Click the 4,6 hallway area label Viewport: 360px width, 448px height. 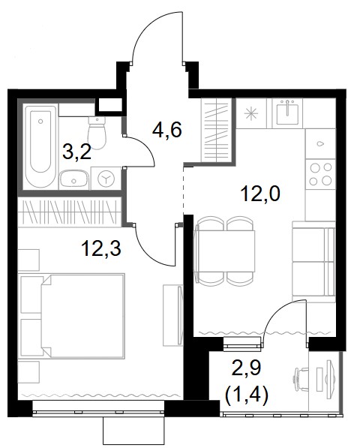(x=167, y=131)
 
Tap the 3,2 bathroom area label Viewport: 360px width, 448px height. (x=76, y=152)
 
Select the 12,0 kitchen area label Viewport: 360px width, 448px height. (x=261, y=194)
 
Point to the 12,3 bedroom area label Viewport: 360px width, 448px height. (x=101, y=248)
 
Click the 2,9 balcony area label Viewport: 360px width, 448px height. (x=247, y=368)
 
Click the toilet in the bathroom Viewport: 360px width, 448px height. (x=97, y=133)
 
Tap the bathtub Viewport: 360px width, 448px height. (x=40, y=147)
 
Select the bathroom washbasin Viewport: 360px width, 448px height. (x=74, y=180)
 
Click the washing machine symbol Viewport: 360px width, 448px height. (x=106, y=179)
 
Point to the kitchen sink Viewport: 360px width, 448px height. (x=287, y=113)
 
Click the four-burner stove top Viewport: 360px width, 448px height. (x=321, y=173)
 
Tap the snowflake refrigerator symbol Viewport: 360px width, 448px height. (x=251, y=113)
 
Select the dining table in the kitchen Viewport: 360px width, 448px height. (x=224, y=251)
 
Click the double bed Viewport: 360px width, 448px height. (x=82, y=316)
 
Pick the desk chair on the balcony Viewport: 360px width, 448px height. (x=300, y=378)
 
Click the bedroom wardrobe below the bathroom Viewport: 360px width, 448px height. (x=70, y=212)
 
